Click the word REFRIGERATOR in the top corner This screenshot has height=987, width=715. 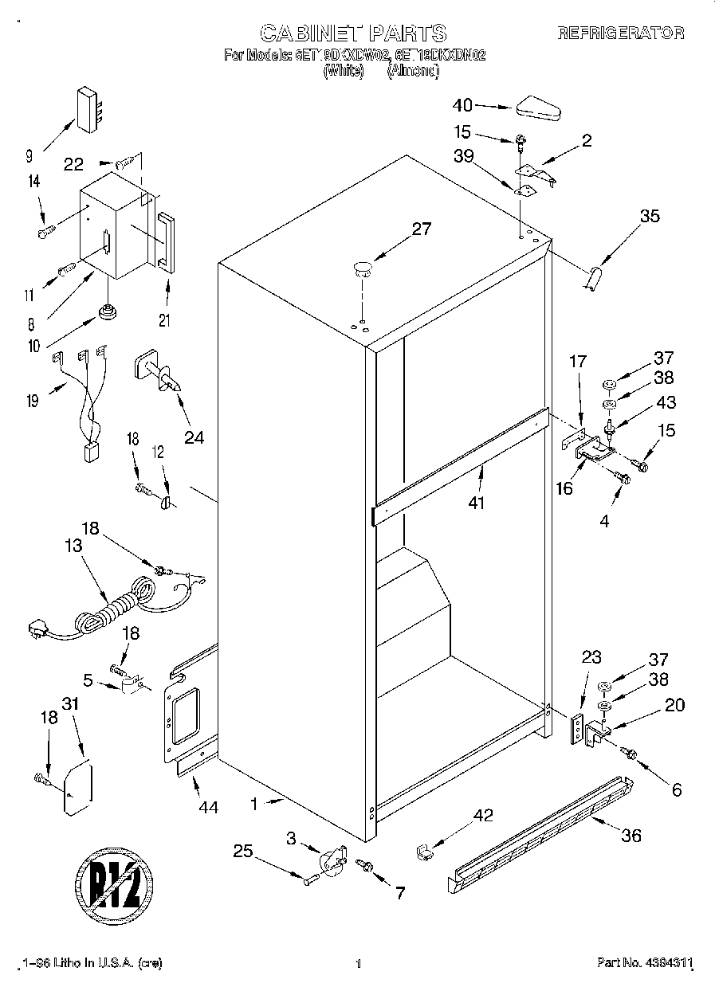(x=620, y=33)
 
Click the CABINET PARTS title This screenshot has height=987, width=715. (x=353, y=33)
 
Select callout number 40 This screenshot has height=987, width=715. (x=462, y=104)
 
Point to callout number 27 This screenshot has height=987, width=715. (x=421, y=229)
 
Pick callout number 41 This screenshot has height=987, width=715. (x=477, y=503)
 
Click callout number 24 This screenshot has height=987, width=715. (x=194, y=437)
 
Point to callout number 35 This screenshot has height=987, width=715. (x=650, y=215)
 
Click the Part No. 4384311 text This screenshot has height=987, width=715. (x=644, y=963)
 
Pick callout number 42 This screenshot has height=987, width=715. (x=483, y=815)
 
